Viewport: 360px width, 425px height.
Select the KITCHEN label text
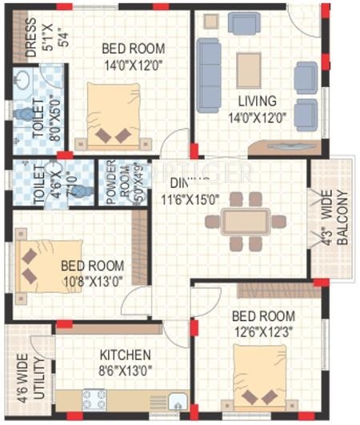(126, 354)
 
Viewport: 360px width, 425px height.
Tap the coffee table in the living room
(248, 69)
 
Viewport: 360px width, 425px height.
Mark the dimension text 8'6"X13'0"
(126, 370)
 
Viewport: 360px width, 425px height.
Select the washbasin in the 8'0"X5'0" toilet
(23, 82)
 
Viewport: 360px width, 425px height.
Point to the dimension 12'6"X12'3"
(264, 331)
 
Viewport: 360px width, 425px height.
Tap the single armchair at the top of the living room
(243, 22)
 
